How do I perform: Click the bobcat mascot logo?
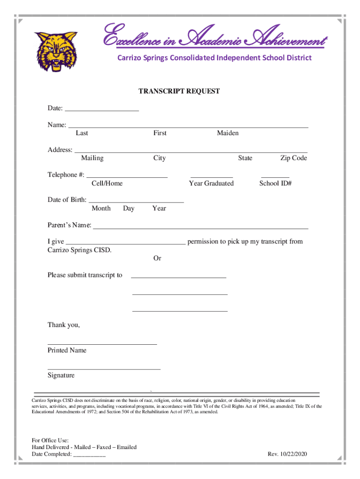[x=55, y=51]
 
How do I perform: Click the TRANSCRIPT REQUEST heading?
[x=179, y=91]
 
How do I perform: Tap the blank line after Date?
[x=102, y=110]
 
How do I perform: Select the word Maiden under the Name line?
[x=228, y=133]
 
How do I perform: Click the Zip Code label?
[x=294, y=158]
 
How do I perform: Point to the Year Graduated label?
[x=211, y=183]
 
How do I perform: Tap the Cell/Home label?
[x=107, y=183]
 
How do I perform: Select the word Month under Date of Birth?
[x=101, y=208]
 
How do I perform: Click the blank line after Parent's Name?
[x=201, y=228]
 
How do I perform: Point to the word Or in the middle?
[x=158, y=258]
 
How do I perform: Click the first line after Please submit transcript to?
[x=179, y=277]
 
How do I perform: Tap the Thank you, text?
[x=64, y=325]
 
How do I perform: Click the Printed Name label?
[x=67, y=350]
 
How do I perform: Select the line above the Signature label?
[x=104, y=369]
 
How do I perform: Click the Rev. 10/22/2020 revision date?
[x=287, y=454]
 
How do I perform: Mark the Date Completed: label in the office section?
[x=52, y=454]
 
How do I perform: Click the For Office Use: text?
[x=50, y=440]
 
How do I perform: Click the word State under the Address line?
[x=245, y=158]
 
